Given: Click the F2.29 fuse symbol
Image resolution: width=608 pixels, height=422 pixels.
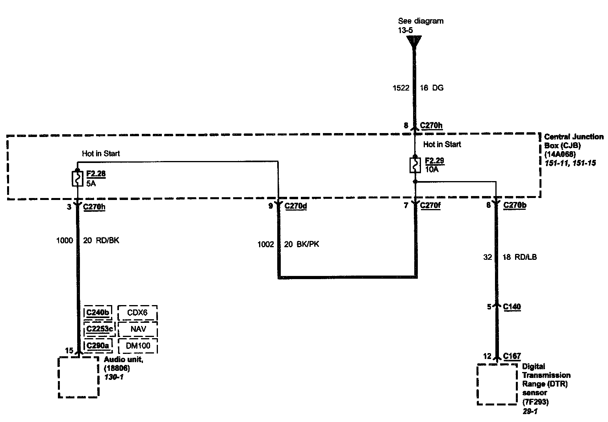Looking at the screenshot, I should (415, 165).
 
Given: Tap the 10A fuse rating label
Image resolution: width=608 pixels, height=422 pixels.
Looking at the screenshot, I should (432, 169).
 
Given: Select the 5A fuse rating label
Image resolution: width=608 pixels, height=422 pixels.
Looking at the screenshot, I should (91, 183).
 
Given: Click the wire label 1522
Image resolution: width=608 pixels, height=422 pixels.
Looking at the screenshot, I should (401, 88).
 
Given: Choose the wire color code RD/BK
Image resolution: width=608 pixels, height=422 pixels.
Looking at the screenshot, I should (107, 240).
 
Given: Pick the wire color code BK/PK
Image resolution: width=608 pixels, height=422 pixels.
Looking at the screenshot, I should (307, 244).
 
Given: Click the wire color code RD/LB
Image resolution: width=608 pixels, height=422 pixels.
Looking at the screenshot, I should (525, 257).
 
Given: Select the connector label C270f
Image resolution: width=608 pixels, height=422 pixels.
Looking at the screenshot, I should (430, 205).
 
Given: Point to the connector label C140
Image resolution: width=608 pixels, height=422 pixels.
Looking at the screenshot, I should (512, 307).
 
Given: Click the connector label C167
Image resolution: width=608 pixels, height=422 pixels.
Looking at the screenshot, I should (512, 356).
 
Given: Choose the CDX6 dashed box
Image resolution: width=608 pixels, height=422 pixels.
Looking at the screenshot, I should (137, 313).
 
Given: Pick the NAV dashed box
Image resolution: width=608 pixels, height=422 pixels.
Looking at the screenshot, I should (137, 329).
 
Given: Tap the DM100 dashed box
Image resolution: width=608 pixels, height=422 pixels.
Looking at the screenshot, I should (137, 346).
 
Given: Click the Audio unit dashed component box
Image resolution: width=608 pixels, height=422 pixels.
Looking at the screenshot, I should (78, 377).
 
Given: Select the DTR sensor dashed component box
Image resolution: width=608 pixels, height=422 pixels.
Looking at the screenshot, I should (497, 384).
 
